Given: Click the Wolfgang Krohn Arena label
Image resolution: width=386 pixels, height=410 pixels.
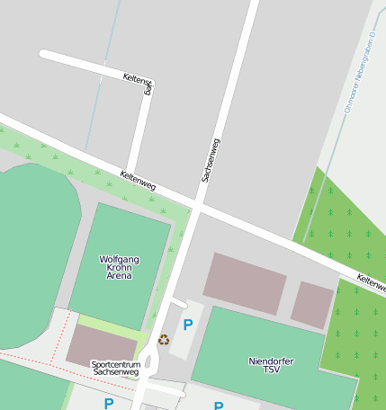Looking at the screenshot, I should click(x=119, y=267).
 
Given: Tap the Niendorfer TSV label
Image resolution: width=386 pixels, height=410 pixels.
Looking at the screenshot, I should click(x=271, y=365).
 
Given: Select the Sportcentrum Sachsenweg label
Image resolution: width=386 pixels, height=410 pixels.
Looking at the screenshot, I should click(x=116, y=368).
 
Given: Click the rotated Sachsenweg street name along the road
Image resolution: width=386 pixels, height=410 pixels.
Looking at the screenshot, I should click(x=211, y=160).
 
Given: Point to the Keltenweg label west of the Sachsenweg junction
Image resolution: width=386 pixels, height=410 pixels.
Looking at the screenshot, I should click(x=138, y=181).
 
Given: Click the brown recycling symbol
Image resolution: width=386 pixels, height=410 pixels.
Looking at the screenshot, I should click(x=164, y=339).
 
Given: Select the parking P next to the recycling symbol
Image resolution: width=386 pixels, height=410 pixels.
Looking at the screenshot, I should click(x=188, y=325).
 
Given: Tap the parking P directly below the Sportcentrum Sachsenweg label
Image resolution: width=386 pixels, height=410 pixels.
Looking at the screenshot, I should click(x=109, y=404).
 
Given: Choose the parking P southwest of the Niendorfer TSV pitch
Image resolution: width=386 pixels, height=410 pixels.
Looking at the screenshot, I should click(x=218, y=406).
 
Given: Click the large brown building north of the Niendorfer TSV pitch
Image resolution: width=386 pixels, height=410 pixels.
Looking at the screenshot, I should click(x=244, y=283).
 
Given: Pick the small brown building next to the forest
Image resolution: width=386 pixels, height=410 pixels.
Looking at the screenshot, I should click(x=312, y=305).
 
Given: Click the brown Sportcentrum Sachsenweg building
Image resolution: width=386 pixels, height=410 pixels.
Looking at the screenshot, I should click(x=101, y=344).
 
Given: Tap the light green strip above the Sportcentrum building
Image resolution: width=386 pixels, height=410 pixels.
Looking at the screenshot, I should click(x=112, y=327).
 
